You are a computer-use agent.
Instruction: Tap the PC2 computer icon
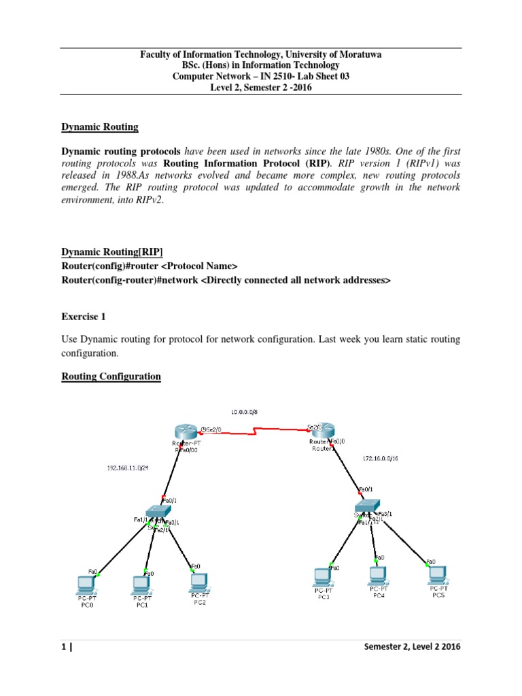point(198,580)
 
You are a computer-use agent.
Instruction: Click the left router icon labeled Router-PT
point(185,431)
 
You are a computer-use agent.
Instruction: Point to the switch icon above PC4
point(368,506)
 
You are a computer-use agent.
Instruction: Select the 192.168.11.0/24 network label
point(127,468)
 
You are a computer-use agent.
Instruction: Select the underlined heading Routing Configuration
point(111,377)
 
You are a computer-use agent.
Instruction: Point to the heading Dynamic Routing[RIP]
point(112,252)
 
